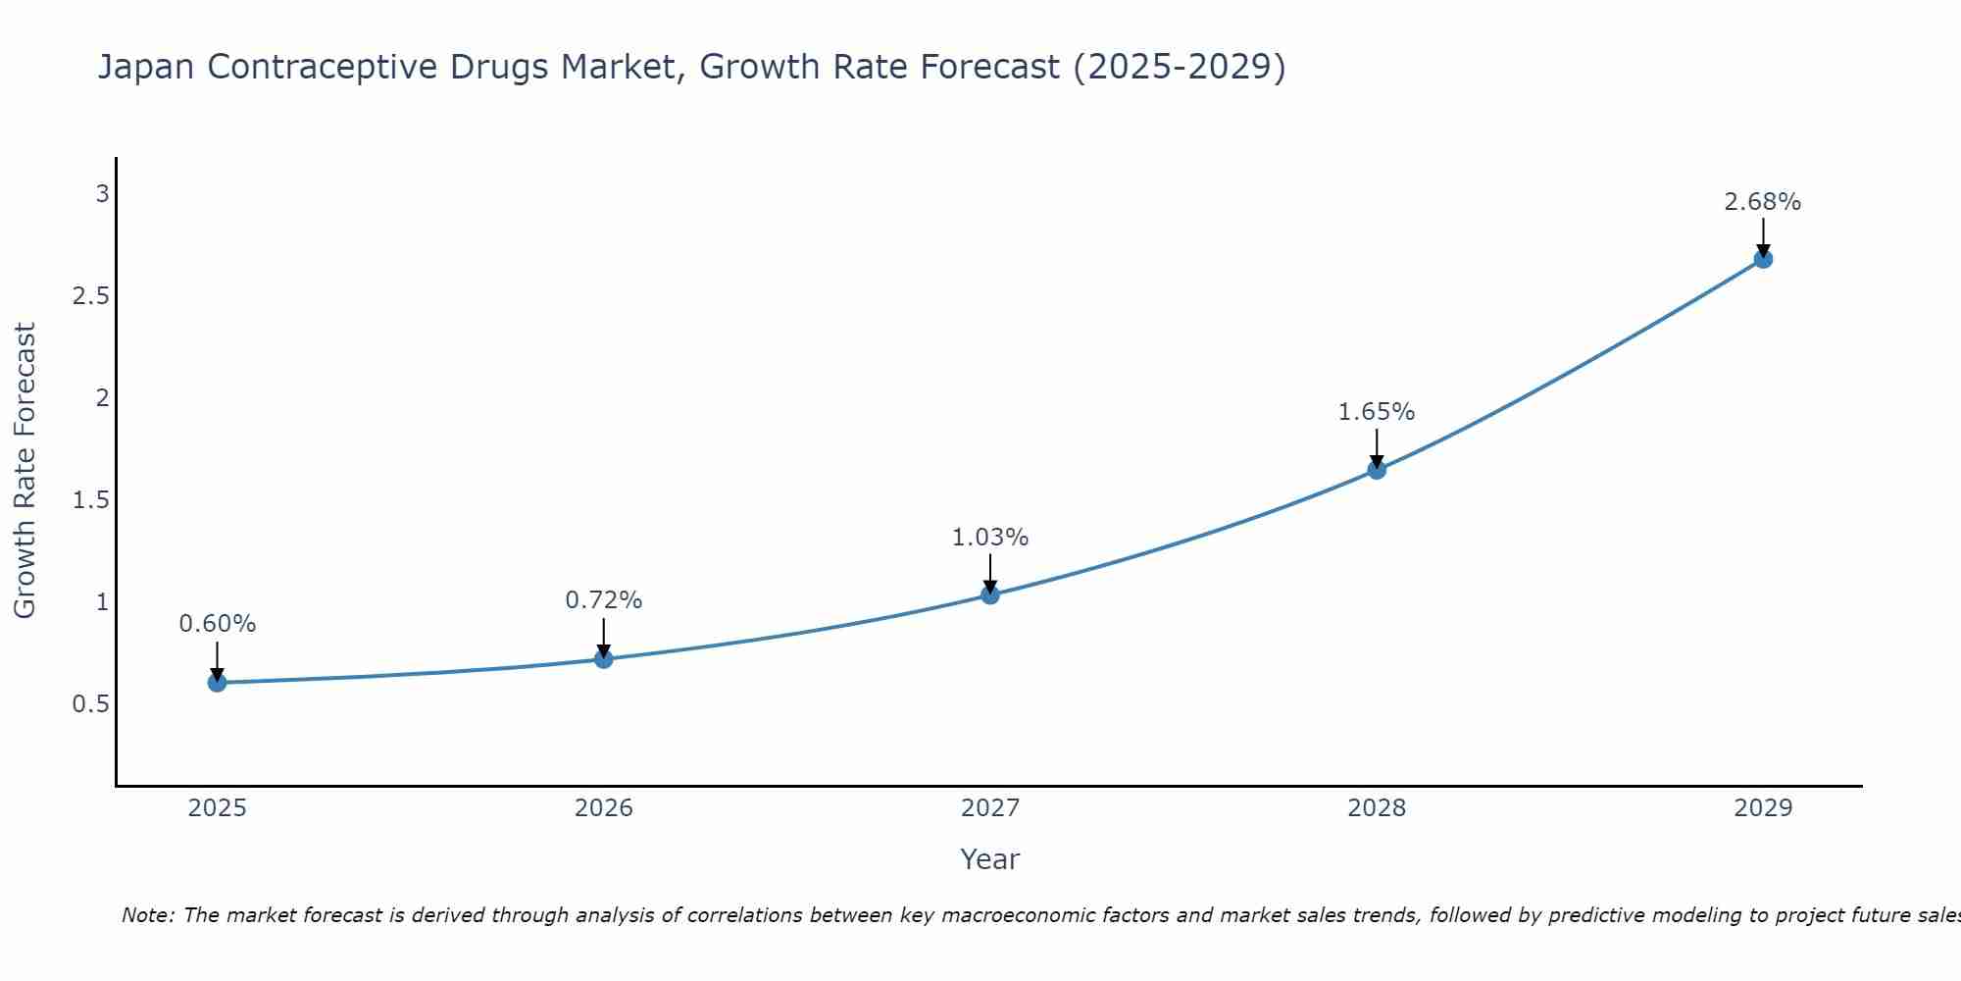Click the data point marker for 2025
[217, 682]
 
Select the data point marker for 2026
[603, 658]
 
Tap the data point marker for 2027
[989, 594]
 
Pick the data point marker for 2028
[1377, 469]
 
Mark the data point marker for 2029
[1763, 259]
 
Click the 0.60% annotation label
[217, 624]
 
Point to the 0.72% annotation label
[603, 600]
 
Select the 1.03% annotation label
[989, 538]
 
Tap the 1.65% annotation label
[1377, 412]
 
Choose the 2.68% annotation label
[1763, 202]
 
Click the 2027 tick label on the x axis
[989, 808]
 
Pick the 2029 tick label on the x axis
[1763, 808]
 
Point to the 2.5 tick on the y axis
[90, 296]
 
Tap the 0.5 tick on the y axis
[90, 704]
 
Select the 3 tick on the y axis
[102, 194]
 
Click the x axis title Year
[989, 859]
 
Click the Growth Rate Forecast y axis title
[25, 471]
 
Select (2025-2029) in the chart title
[1180, 68]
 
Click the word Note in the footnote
[147, 915]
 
